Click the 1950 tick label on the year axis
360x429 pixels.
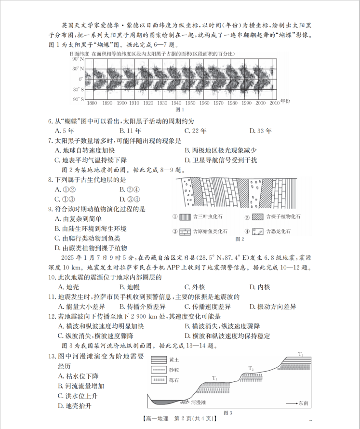click(x=190, y=103)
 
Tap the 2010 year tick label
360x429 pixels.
click(x=274, y=103)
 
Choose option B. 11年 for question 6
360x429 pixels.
click(x=130, y=131)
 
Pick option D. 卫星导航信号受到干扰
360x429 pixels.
click(x=221, y=160)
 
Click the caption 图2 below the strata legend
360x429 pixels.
click(x=240, y=239)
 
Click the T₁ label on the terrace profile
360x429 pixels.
click(x=214, y=378)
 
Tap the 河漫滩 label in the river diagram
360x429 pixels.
click(x=199, y=402)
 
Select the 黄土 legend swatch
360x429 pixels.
click(x=159, y=360)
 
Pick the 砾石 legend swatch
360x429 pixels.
click(x=159, y=380)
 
